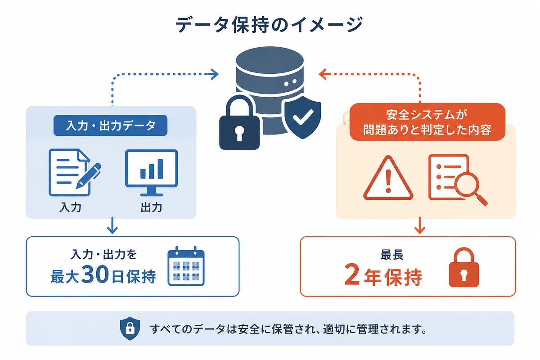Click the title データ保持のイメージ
pos(269,25)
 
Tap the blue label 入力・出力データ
pos(110,126)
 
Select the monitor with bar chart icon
pos(151,172)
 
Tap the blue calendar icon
pos(186,266)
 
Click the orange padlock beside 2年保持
pos(463,267)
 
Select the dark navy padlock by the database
pos(239,122)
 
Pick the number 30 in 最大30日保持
pos(95,275)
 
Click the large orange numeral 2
pos(352,275)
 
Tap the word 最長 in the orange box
pos(392,255)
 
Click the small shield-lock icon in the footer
pos(130,328)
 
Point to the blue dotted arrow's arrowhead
pos(214,74)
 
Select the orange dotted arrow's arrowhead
pos(323,74)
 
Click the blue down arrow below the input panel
pos(112,225)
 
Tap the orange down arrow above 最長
pos(420,225)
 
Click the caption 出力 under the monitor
pos(151,207)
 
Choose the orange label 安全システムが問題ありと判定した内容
pos(427,122)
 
